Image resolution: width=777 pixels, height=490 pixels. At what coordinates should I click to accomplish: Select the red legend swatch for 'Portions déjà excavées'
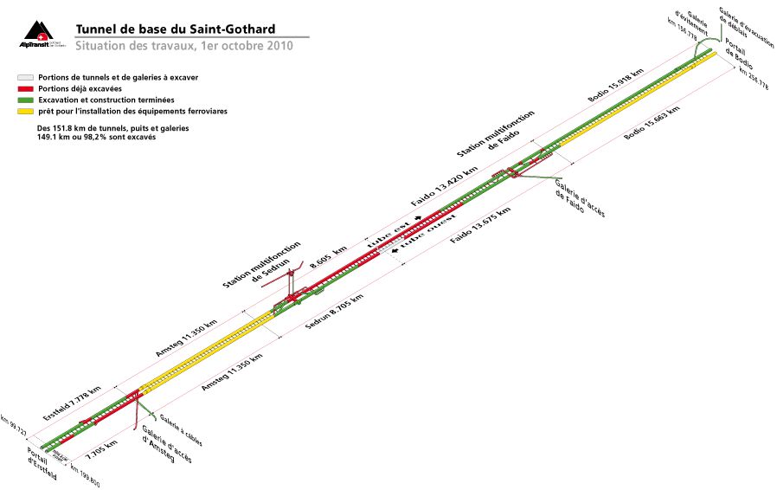point(25,89)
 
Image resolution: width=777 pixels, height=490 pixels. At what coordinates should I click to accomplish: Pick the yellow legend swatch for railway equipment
point(25,112)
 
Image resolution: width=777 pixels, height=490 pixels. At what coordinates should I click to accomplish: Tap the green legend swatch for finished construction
point(25,100)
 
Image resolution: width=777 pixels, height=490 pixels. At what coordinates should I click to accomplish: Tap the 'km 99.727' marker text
point(14,429)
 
